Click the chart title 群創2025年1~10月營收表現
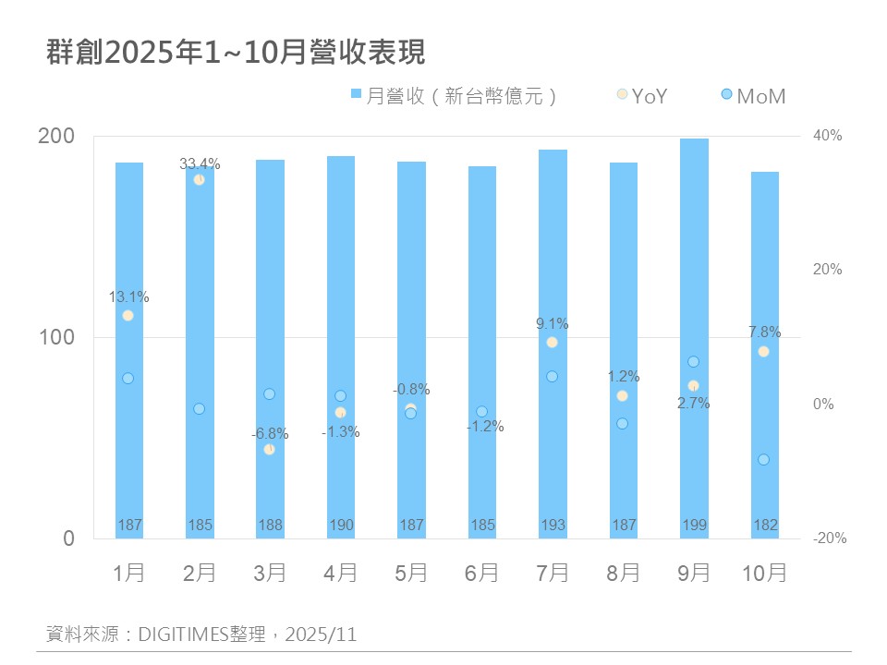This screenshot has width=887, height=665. (x=236, y=53)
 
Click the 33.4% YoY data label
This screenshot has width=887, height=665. (x=200, y=163)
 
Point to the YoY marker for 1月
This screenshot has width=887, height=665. (x=128, y=316)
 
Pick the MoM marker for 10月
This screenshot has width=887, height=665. (x=763, y=460)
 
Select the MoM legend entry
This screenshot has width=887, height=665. (x=752, y=95)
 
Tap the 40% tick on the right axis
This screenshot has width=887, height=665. (x=827, y=136)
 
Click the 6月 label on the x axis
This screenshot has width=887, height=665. (x=481, y=573)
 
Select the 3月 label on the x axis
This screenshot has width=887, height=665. (x=270, y=573)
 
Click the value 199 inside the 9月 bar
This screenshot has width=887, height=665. (x=694, y=526)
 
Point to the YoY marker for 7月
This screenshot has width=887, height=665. (x=552, y=343)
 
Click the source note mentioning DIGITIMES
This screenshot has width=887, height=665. (x=201, y=635)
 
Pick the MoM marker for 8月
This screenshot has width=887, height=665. (x=622, y=424)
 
